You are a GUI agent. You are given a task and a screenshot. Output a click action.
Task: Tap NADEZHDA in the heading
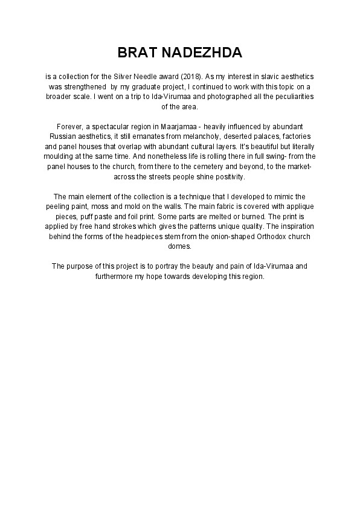point(202,53)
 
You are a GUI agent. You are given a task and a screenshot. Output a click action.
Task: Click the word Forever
point(69,126)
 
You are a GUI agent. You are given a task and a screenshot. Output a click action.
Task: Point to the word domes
point(180,246)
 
